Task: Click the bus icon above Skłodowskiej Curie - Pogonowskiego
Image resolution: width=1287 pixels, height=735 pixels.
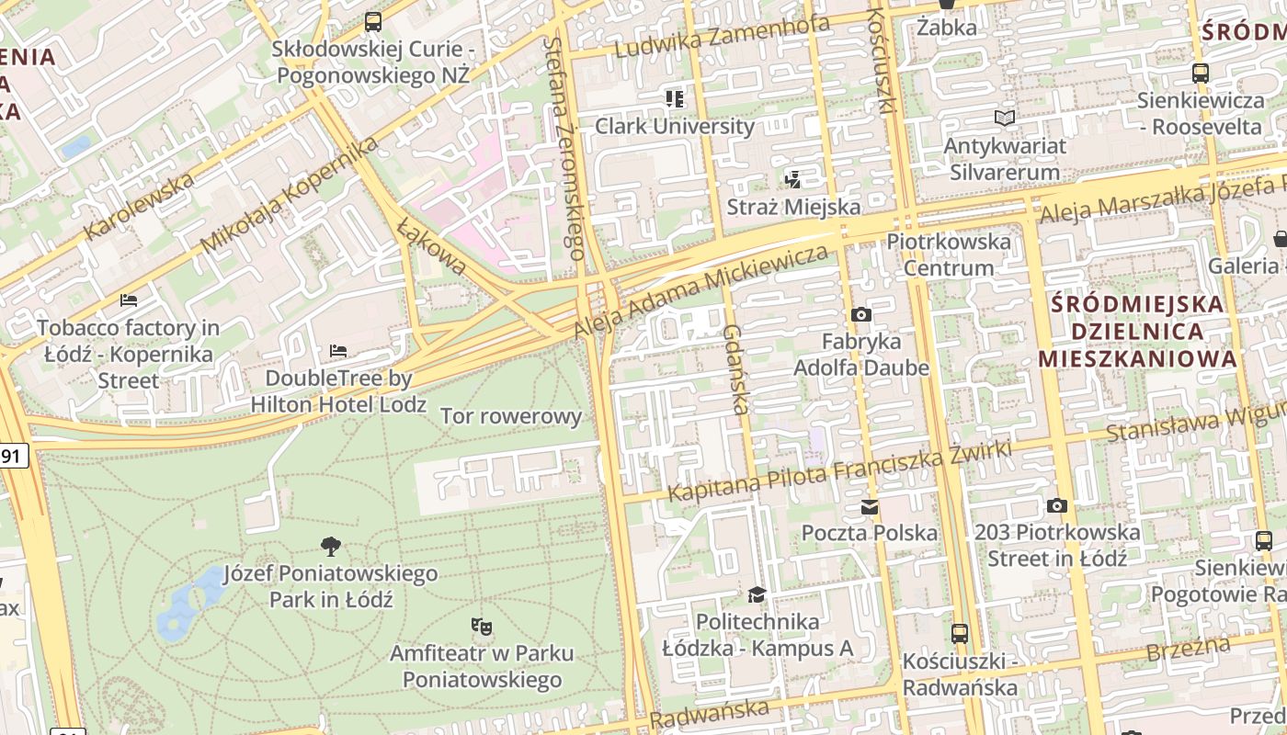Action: click(x=372, y=21)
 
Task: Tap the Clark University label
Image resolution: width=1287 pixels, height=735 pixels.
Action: click(x=675, y=126)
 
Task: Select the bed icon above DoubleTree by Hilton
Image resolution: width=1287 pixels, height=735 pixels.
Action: click(x=338, y=351)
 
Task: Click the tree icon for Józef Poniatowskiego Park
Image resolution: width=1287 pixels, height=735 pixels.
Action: click(x=331, y=547)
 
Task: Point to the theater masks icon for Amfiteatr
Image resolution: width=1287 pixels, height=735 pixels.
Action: click(x=481, y=627)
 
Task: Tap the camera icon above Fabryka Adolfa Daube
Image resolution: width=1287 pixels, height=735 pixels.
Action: click(x=860, y=315)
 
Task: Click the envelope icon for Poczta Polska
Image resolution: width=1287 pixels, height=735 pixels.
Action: click(x=869, y=506)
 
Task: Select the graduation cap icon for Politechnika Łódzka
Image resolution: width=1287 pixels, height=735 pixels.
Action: click(x=757, y=594)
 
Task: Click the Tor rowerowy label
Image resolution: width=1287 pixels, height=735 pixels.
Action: click(x=511, y=416)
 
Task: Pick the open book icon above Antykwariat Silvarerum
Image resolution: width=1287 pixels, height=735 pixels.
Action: click(x=1005, y=118)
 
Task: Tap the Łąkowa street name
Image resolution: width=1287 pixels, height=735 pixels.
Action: click(x=432, y=245)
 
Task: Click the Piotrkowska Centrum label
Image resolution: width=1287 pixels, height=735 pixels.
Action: click(x=949, y=254)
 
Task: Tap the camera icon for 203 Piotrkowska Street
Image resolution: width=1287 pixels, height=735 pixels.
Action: click(x=1057, y=505)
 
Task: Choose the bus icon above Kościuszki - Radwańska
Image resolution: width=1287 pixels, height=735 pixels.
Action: click(x=960, y=633)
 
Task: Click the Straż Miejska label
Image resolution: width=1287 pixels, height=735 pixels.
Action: click(x=792, y=207)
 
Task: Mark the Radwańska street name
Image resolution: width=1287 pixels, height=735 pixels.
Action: click(x=709, y=711)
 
